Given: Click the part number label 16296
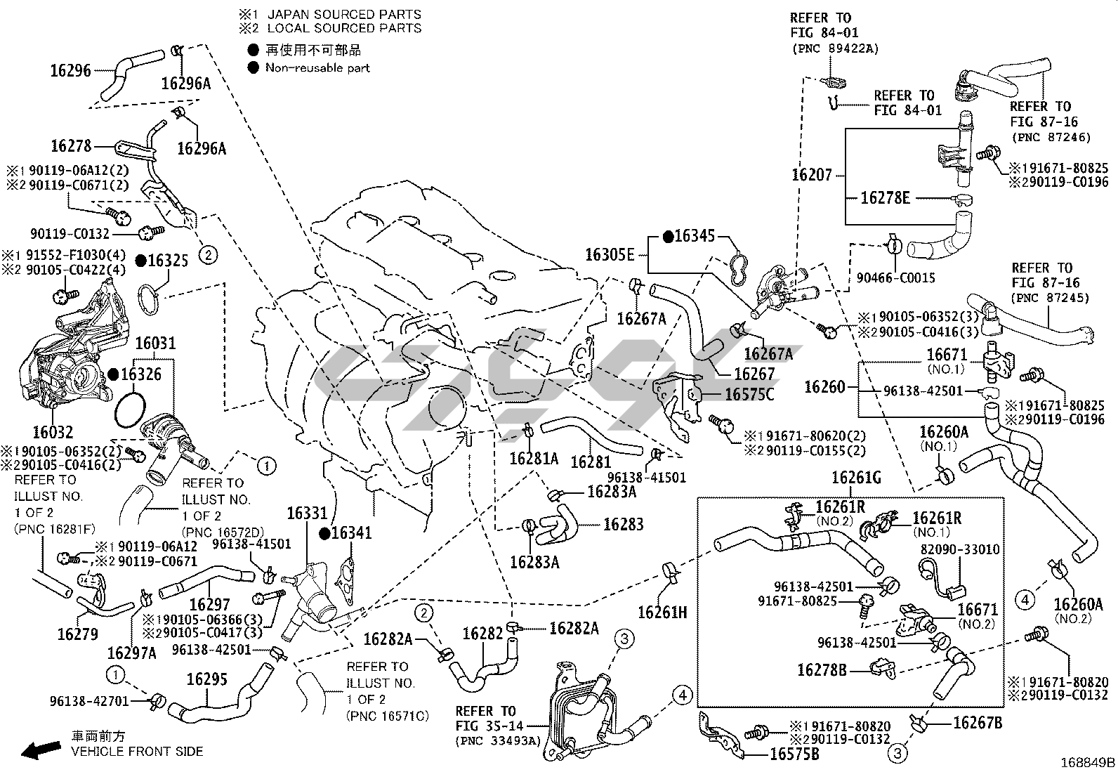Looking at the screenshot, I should click(71, 70).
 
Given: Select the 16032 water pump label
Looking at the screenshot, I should click(53, 431).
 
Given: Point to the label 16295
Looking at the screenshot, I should click(206, 680).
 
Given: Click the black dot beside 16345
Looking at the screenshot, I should click(668, 236).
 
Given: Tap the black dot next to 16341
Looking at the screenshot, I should click(324, 534).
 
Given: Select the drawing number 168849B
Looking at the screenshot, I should click(1087, 761).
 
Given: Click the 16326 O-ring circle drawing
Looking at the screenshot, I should click(129, 410).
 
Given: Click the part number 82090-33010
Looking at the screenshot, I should click(960, 549).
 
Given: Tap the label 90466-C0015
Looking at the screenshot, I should click(895, 278).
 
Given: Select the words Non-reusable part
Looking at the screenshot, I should click(317, 68).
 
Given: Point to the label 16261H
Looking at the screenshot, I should click(662, 612).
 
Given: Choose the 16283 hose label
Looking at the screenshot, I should click(623, 524).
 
